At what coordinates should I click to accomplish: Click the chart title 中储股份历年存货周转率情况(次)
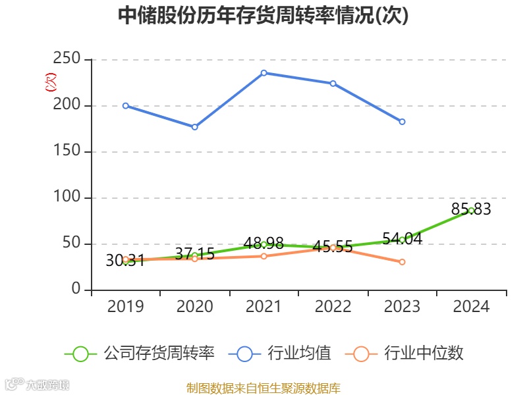[x=263, y=16]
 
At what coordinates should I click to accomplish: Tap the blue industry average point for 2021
[x=263, y=73]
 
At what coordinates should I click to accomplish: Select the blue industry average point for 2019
[x=126, y=105]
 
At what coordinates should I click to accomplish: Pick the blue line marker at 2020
[x=194, y=127]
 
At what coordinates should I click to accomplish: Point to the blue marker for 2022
[x=333, y=84]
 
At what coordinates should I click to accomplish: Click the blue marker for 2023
[x=402, y=122]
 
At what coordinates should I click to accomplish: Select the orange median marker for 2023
[x=402, y=262]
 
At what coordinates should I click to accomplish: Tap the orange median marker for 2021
[x=263, y=256]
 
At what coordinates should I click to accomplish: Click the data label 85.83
[x=471, y=209]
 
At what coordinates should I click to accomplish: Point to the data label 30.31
[x=125, y=261]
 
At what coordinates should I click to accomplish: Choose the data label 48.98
[x=263, y=244]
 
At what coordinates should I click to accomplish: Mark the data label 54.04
[x=402, y=239]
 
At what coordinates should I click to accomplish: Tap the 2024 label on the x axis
[x=471, y=307]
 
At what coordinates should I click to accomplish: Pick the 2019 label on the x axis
[x=125, y=307]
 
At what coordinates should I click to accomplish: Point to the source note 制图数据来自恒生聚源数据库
[x=263, y=388]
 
